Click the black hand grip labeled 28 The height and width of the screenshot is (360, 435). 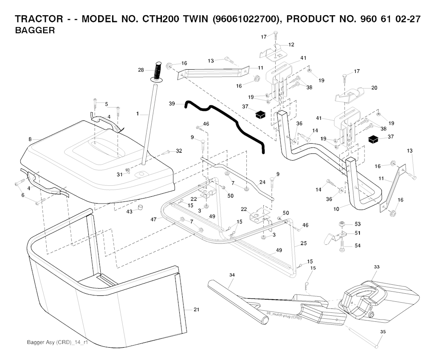[158, 72]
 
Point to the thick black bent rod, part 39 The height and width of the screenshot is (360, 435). [225, 121]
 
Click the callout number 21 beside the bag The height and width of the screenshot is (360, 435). [196, 310]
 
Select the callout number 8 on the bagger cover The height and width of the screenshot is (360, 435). [30, 139]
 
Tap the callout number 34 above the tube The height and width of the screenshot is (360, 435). [232, 275]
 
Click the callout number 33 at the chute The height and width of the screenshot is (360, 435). [377, 267]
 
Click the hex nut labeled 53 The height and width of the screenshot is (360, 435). [341, 224]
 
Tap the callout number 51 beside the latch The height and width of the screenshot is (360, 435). [357, 232]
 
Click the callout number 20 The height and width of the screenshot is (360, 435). [374, 88]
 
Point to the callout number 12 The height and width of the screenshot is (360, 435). [291, 45]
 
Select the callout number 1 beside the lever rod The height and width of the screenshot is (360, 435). [137, 114]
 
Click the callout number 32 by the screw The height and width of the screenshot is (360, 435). [179, 151]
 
